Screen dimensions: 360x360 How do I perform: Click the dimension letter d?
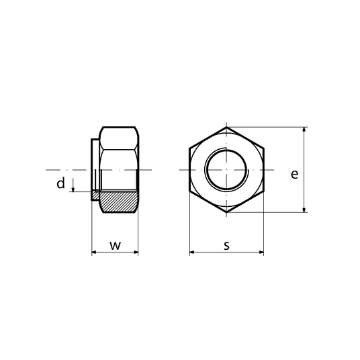[x=61, y=183]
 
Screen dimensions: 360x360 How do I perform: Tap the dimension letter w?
[x=115, y=246]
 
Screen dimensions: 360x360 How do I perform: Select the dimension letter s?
[x=226, y=246]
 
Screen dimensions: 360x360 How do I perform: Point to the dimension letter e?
[x=295, y=174]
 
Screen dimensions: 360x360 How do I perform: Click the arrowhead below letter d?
[x=73, y=189]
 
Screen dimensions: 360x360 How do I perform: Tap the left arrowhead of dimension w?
[x=94, y=253]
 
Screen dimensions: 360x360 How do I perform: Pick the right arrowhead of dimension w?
[x=136, y=253]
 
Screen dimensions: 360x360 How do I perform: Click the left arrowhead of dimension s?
[x=192, y=253]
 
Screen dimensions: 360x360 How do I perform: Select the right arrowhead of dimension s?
[x=261, y=253]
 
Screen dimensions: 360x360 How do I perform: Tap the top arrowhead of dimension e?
[x=304, y=130]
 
